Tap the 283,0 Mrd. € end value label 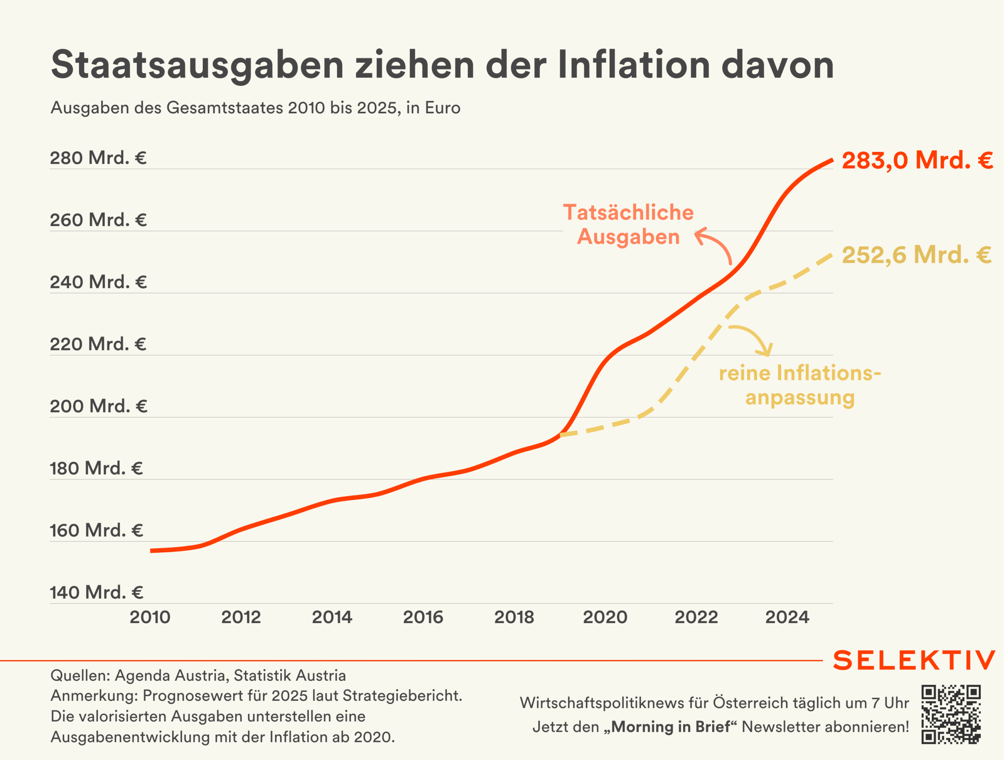917,160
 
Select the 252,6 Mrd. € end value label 916,255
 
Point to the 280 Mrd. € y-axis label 98,158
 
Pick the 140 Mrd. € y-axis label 96,592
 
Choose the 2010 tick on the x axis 150,617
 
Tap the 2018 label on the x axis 514,617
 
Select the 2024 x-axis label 787,617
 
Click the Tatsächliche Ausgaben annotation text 628,225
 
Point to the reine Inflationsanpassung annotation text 800,385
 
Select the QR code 951,714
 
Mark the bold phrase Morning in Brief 671,726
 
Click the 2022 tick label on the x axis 696,617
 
